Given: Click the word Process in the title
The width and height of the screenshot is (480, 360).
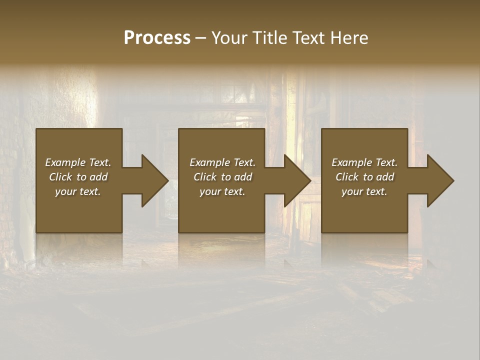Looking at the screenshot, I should coord(157,38).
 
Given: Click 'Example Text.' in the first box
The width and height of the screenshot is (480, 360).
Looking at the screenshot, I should coord(78,162).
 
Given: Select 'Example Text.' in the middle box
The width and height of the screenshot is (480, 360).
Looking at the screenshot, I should coord(222,162).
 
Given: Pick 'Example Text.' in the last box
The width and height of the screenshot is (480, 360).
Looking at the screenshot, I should coord(364,162).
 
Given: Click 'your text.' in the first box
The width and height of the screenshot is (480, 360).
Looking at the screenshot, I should coord(78,191).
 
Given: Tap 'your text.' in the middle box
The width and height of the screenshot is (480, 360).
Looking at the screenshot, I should coord(222,191).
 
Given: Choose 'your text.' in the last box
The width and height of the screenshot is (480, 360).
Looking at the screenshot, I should coord(364,191).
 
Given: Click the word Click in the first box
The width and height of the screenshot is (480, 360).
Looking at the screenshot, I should coord(60,177).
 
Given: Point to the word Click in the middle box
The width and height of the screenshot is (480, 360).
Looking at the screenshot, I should coord(204,177).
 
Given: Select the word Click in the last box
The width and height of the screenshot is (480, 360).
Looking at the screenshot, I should coord(346,177).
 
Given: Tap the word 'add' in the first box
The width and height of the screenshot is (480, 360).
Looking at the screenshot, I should coord(98,177).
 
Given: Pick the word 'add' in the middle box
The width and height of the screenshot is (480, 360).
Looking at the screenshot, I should coord(243,177).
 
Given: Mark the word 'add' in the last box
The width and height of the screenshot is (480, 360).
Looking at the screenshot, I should coord(385,177).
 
